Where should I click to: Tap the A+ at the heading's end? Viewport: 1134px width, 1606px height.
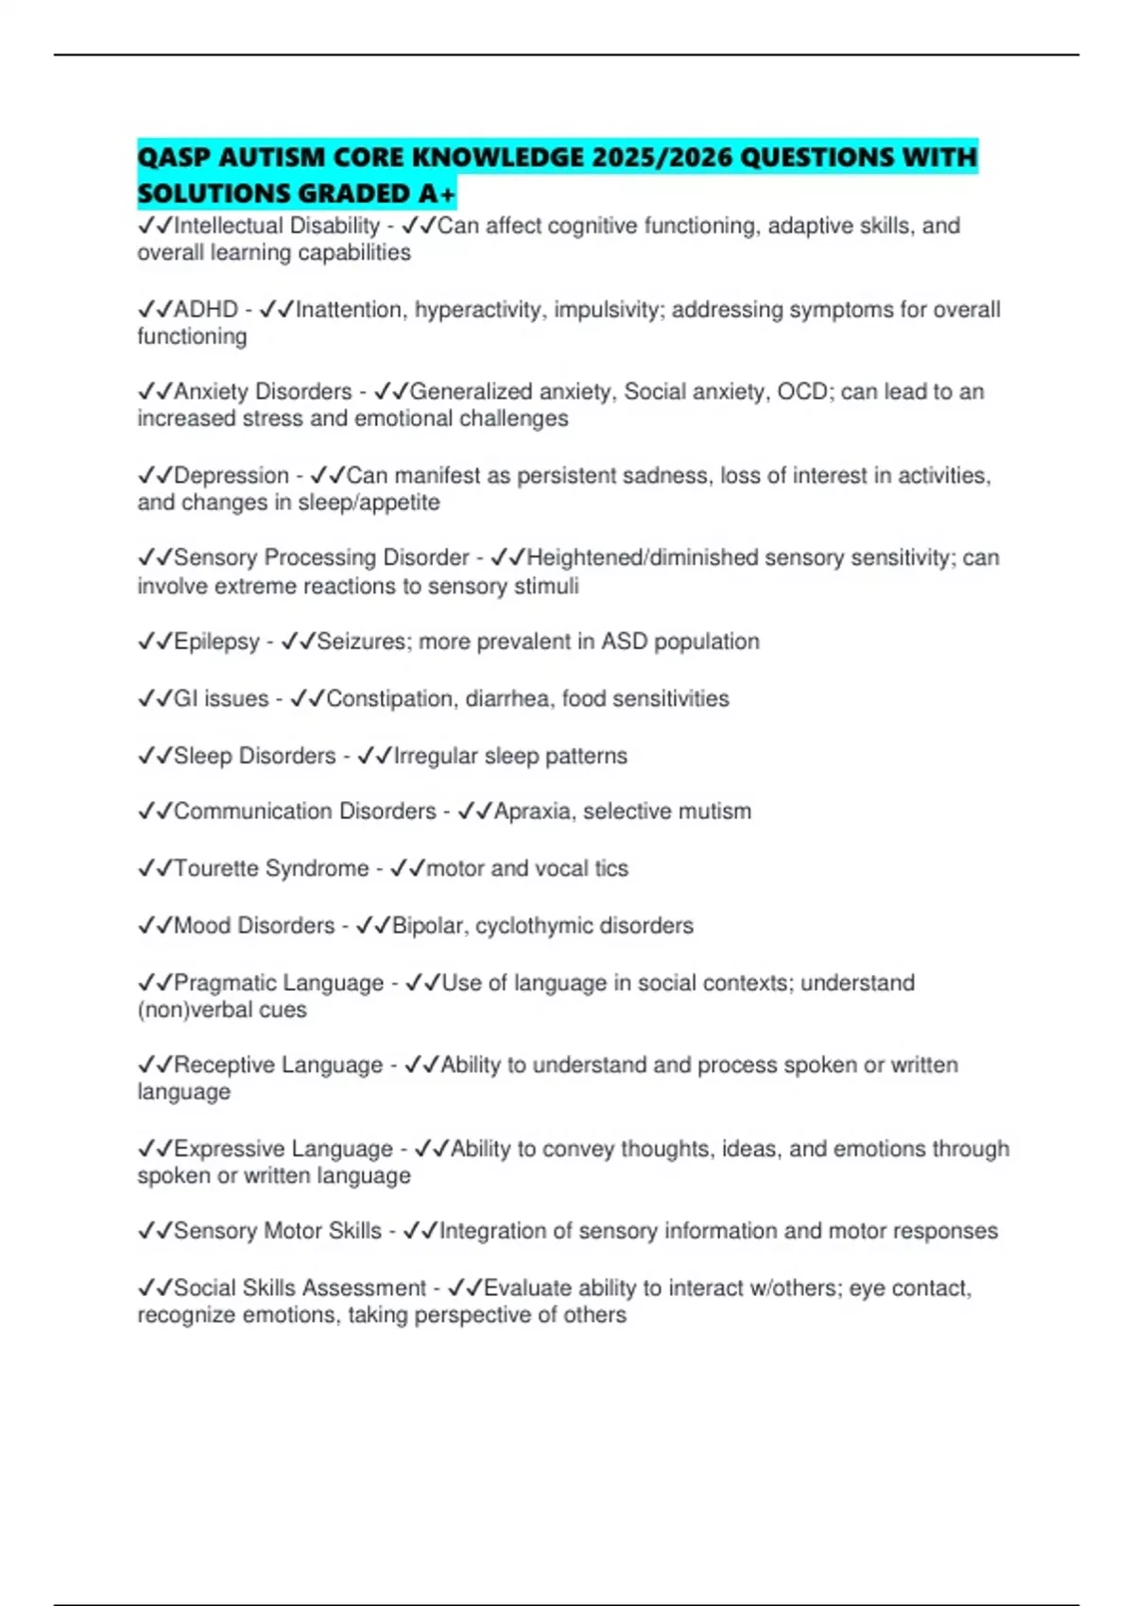click(437, 194)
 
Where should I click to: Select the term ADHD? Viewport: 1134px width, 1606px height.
click(206, 310)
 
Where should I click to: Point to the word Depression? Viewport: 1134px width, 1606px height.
click(232, 476)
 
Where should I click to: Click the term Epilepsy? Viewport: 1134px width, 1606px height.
click(216, 642)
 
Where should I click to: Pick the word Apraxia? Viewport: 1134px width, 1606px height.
click(532, 812)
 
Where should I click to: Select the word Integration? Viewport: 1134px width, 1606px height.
click(491, 1231)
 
